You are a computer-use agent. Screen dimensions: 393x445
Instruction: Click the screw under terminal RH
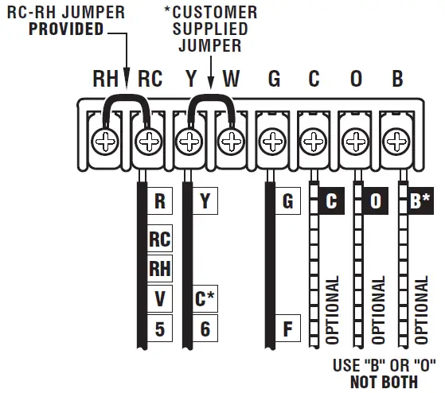point(107,142)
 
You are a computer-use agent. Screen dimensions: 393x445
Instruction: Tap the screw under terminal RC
point(148,142)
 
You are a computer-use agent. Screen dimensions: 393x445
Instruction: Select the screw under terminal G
point(273,142)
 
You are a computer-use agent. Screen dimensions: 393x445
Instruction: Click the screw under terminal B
point(396,142)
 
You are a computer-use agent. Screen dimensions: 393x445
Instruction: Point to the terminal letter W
point(231,80)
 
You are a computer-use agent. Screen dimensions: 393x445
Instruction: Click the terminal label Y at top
point(190,80)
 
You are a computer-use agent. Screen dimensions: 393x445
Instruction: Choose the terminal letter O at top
point(355,80)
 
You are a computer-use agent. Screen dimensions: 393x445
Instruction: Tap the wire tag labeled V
point(160,298)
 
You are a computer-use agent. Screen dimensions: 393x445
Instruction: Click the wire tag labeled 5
point(160,328)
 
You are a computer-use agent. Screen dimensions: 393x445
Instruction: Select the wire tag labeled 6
point(205,328)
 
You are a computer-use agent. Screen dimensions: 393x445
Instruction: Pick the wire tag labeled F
point(287,328)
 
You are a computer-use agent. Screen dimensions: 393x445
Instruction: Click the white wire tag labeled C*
point(205,298)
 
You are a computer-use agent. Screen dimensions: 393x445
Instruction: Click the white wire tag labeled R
point(160,201)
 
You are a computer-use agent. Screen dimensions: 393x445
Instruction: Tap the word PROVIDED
point(67,29)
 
